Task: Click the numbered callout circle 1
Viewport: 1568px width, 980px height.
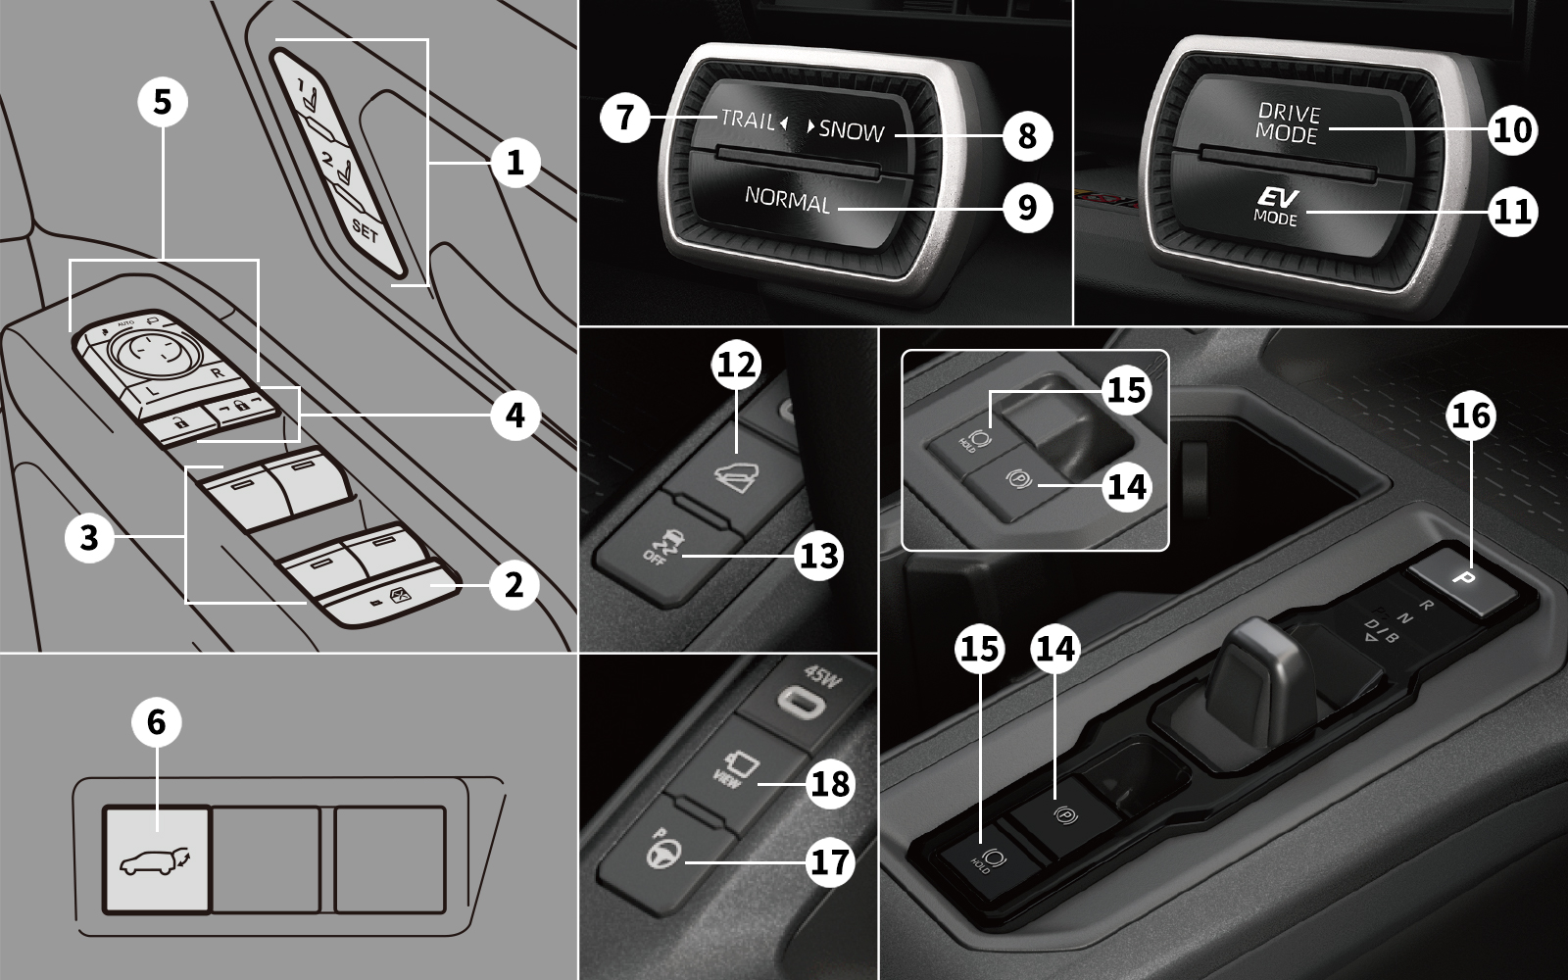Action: point(515,163)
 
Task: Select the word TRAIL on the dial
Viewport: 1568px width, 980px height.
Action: point(747,119)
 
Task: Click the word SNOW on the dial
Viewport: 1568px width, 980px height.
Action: point(852,130)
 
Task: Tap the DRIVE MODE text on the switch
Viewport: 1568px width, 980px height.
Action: point(1289,124)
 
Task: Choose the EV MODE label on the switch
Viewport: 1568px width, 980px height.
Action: point(1276,207)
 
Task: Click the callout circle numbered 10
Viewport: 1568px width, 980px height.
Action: point(1513,129)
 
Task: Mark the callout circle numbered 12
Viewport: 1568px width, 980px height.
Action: point(737,365)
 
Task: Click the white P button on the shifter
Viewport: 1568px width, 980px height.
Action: point(1467,578)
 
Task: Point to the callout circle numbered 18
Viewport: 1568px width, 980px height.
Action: point(830,783)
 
